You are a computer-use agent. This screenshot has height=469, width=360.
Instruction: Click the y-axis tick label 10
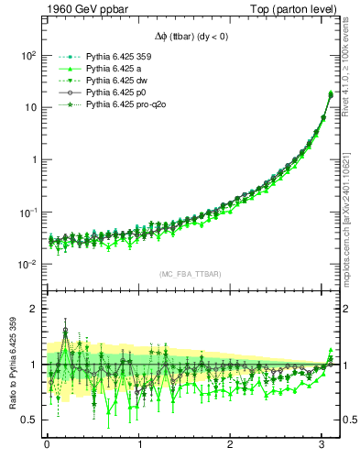(29, 107)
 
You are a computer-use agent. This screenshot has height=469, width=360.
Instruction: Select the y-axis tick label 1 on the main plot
(33, 159)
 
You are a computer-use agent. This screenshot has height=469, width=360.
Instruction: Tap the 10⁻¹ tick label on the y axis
(27, 212)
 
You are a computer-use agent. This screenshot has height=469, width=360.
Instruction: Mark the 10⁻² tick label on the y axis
(27, 264)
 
